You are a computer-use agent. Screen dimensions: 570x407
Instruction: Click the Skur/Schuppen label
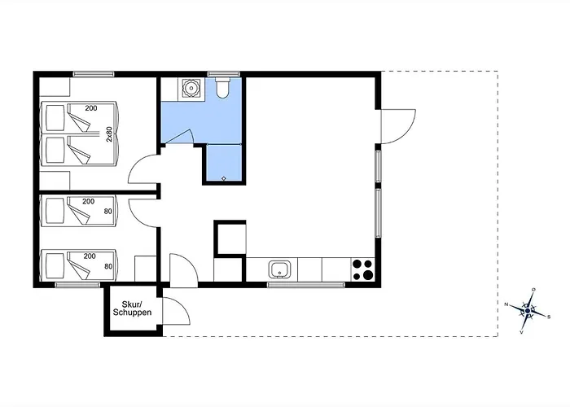click(132, 309)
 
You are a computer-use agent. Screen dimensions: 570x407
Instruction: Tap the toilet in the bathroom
click(222, 87)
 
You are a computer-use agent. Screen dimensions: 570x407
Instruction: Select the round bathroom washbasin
click(190, 88)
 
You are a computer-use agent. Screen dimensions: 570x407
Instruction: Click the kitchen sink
click(279, 269)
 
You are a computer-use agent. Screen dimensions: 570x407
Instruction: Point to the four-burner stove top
click(363, 269)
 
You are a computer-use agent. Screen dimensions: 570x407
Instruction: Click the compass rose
click(528, 311)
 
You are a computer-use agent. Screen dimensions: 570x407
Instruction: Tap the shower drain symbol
click(224, 178)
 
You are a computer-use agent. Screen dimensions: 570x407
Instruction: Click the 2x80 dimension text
click(109, 133)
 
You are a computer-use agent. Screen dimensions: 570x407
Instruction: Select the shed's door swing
click(177, 311)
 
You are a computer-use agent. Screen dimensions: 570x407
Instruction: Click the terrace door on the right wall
click(398, 126)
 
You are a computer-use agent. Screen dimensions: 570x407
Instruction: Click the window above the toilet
click(224, 74)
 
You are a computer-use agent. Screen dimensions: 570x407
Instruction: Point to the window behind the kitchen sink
click(306, 285)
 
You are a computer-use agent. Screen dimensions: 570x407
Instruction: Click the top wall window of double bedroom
click(94, 74)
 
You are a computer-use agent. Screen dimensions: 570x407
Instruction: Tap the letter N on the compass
click(506, 304)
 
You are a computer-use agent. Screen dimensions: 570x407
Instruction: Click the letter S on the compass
click(549, 317)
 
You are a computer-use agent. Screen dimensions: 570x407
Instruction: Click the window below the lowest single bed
click(77, 285)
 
